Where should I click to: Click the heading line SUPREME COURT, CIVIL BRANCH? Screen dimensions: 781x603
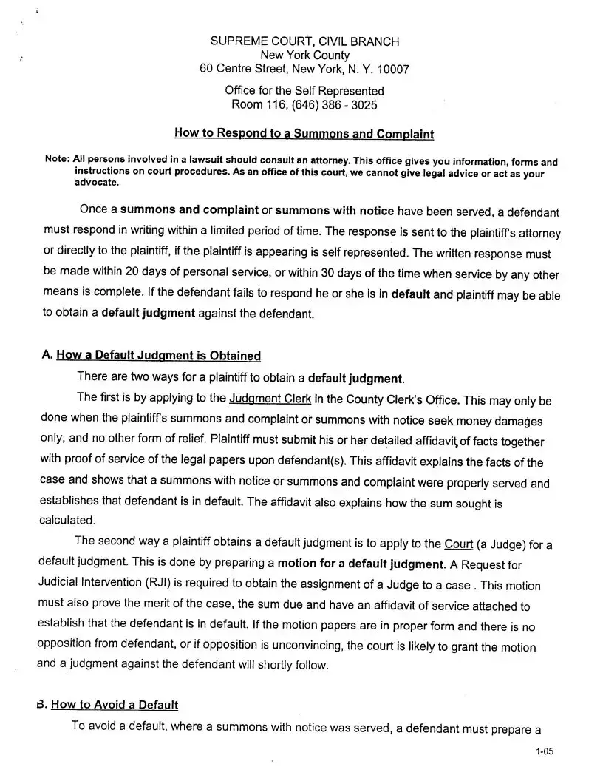click(x=304, y=41)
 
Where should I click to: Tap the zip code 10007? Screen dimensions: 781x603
click(x=392, y=69)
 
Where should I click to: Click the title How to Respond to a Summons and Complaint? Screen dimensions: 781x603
click(x=304, y=134)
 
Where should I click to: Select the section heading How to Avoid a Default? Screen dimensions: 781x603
click(x=115, y=705)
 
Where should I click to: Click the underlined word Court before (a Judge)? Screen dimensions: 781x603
click(x=458, y=544)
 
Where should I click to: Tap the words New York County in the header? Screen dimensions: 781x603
click(x=304, y=55)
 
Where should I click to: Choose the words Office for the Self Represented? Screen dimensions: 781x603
click(x=304, y=91)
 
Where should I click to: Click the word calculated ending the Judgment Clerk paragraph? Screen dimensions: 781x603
click(x=67, y=520)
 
